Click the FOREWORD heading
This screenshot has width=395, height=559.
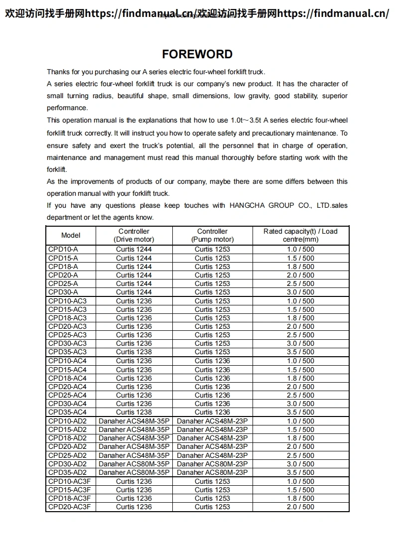coord(197,54)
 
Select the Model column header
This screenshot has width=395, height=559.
coord(71,235)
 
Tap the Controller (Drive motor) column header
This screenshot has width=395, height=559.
coord(134,235)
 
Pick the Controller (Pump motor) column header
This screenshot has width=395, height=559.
coord(212,235)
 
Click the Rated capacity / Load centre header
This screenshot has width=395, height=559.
coord(300,235)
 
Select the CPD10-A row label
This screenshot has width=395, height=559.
coord(63,249)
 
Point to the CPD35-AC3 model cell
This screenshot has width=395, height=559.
coord(67,352)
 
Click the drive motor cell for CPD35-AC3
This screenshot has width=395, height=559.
coord(134,352)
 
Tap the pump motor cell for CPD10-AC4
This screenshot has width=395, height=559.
coord(212,361)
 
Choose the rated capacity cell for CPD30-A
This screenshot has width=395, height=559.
coord(300,292)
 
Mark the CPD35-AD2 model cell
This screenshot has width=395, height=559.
coord(67,472)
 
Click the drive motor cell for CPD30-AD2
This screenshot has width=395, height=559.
coord(134,464)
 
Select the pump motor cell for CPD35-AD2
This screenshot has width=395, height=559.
coord(212,472)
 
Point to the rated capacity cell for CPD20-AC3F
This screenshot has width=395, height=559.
coord(300,507)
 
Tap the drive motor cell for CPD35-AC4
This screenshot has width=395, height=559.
coord(134,412)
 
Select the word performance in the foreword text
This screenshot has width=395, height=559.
coord(67,108)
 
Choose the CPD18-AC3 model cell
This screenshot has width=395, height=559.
coord(67,318)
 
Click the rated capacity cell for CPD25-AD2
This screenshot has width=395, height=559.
coord(300,455)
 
